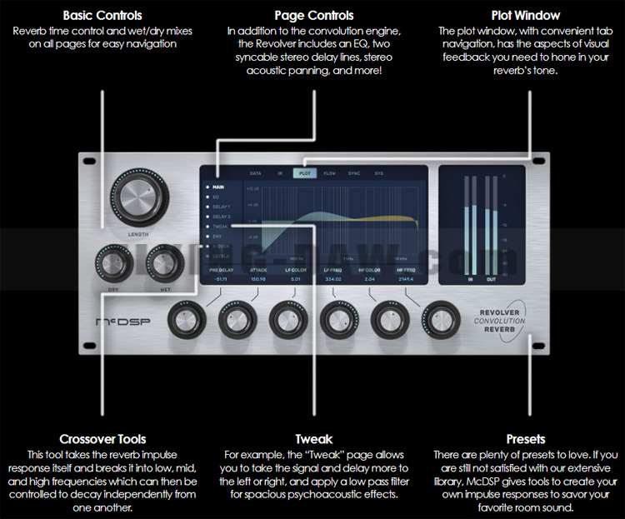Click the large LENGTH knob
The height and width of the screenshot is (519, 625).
point(138,197)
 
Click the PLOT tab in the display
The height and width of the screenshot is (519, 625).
point(304,173)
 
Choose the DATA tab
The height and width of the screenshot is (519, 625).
point(256,173)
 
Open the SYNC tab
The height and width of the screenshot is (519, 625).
point(353,173)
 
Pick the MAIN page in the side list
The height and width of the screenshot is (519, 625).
point(220,187)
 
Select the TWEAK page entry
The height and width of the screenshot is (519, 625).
point(221,227)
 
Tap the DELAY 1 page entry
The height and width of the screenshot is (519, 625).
point(222,207)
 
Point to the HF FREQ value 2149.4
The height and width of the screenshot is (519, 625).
point(405,280)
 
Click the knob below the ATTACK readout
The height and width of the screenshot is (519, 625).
point(235,320)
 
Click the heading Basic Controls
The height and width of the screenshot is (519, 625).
point(102,16)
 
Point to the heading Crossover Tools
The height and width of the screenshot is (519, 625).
point(103,439)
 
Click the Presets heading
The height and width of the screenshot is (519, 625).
point(526,439)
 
